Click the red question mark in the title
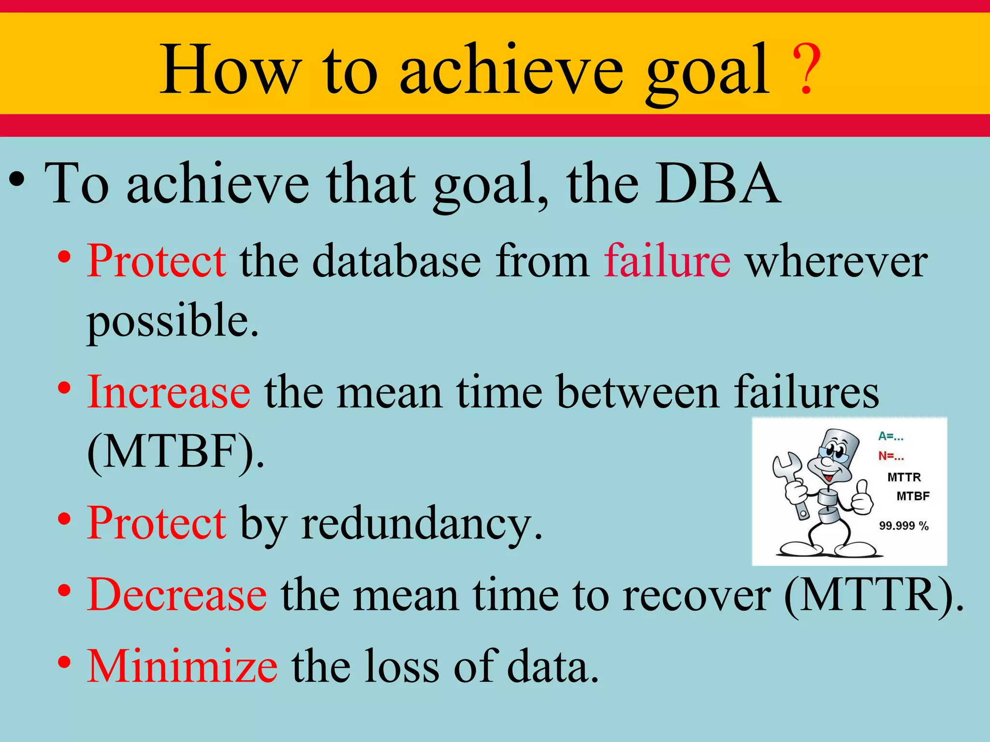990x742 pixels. (x=806, y=69)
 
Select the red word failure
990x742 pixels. (x=667, y=261)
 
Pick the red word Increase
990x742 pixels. (x=169, y=392)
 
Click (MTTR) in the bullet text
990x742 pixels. (x=874, y=595)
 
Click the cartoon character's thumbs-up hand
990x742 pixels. (x=861, y=498)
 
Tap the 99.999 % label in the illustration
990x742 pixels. (x=903, y=526)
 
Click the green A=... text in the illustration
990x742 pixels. (x=890, y=436)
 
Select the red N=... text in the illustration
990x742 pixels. (x=890, y=456)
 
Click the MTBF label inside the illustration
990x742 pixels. (x=913, y=496)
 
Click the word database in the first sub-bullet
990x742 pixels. (x=396, y=261)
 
